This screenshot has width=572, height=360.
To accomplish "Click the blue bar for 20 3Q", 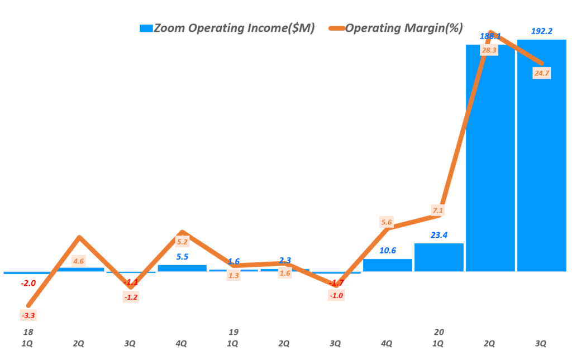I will (541, 156).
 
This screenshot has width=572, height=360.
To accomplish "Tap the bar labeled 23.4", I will (438, 257).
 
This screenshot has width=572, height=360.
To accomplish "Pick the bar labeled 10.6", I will (387, 265).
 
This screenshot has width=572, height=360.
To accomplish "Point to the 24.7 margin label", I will (540, 73).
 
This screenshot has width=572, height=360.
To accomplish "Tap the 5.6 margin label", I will (387, 222).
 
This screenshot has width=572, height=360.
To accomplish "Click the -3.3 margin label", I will (28, 316).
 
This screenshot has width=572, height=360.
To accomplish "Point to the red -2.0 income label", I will (28, 283).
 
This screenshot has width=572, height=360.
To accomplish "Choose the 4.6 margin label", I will (79, 261).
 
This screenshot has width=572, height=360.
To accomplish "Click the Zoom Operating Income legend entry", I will (227, 28).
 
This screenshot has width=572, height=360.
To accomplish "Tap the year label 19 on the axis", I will (233, 332).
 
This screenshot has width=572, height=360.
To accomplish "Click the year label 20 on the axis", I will (438, 332).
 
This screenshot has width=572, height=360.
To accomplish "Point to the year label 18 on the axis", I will (28, 332).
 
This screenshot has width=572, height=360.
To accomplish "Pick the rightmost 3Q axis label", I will (541, 344).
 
